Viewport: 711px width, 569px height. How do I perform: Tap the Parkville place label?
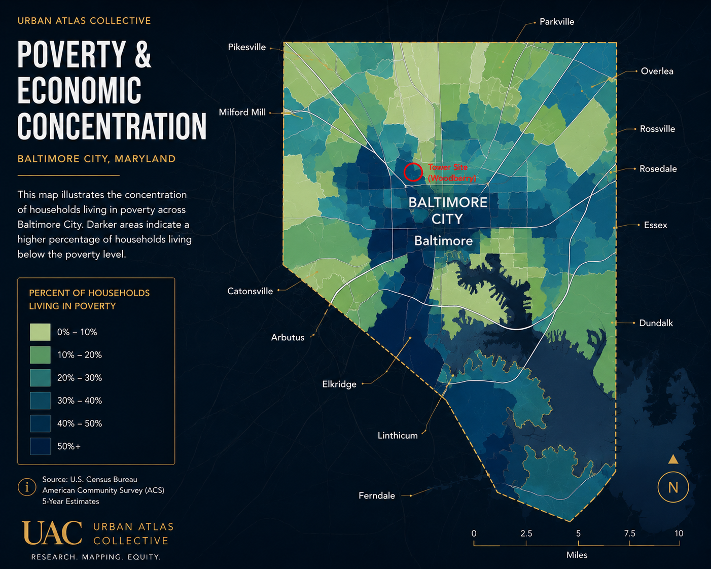(x=557, y=22)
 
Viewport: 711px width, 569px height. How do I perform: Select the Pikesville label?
(x=247, y=47)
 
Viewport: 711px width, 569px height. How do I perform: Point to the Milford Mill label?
(x=242, y=113)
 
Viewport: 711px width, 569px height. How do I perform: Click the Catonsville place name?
(x=250, y=291)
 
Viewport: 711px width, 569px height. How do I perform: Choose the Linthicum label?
(x=398, y=436)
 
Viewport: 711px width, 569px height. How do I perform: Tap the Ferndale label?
(x=377, y=495)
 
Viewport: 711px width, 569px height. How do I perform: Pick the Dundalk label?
(x=656, y=323)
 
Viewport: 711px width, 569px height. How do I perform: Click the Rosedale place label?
(x=658, y=169)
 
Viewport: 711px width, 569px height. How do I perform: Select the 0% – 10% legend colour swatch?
(x=40, y=332)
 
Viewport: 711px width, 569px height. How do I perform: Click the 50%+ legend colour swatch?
(x=40, y=446)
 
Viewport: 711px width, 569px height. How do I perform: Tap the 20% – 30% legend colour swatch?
(x=40, y=378)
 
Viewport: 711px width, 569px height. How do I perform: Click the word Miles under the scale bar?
(x=577, y=555)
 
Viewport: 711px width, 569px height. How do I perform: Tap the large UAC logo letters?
(x=52, y=532)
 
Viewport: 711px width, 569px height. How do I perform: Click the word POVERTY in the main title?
(x=72, y=54)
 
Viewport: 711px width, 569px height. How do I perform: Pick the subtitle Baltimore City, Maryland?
(x=96, y=159)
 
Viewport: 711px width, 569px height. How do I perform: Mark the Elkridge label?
(x=339, y=384)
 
